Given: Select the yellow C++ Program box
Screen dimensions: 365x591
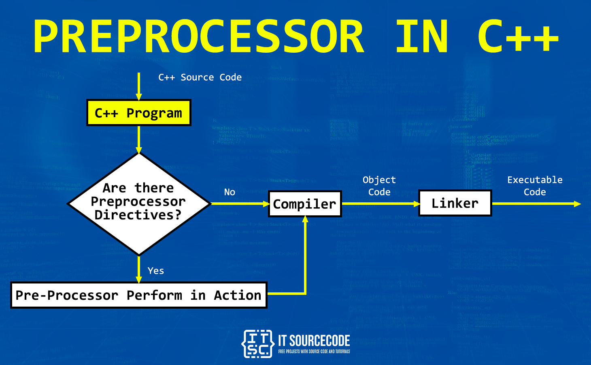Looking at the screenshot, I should click(x=138, y=113).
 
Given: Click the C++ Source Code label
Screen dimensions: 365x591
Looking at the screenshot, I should click(x=200, y=77).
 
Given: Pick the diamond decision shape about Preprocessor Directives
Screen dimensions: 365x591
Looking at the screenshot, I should click(x=138, y=203).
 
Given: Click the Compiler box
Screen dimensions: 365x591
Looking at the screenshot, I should click(x=305, y=204).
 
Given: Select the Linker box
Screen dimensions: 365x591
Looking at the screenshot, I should click(x=455, y=203).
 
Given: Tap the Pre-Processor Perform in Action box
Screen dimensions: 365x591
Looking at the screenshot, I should click(x=138, y=295).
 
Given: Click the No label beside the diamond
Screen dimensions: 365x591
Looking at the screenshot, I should click(x=230, y=192).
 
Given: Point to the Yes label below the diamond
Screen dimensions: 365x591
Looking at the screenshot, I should click(x=156, y=271).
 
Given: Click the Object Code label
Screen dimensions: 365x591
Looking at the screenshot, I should click(x=379, y=186).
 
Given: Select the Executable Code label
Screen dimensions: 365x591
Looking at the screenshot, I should click(x=535, y=186).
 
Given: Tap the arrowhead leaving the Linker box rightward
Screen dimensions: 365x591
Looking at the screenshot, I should click(x=577, y=204).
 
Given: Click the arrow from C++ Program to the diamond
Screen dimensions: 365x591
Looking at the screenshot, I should click(x=139, y=140).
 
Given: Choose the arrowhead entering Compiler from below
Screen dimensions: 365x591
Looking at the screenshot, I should click(x=305, y=220).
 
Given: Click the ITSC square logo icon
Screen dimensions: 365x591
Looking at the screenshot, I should click(x=257, y=344).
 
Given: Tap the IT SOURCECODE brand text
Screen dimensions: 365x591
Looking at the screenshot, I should click(x=314, y=341).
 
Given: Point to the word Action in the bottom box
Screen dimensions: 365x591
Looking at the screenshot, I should click(x=238, y=295).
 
